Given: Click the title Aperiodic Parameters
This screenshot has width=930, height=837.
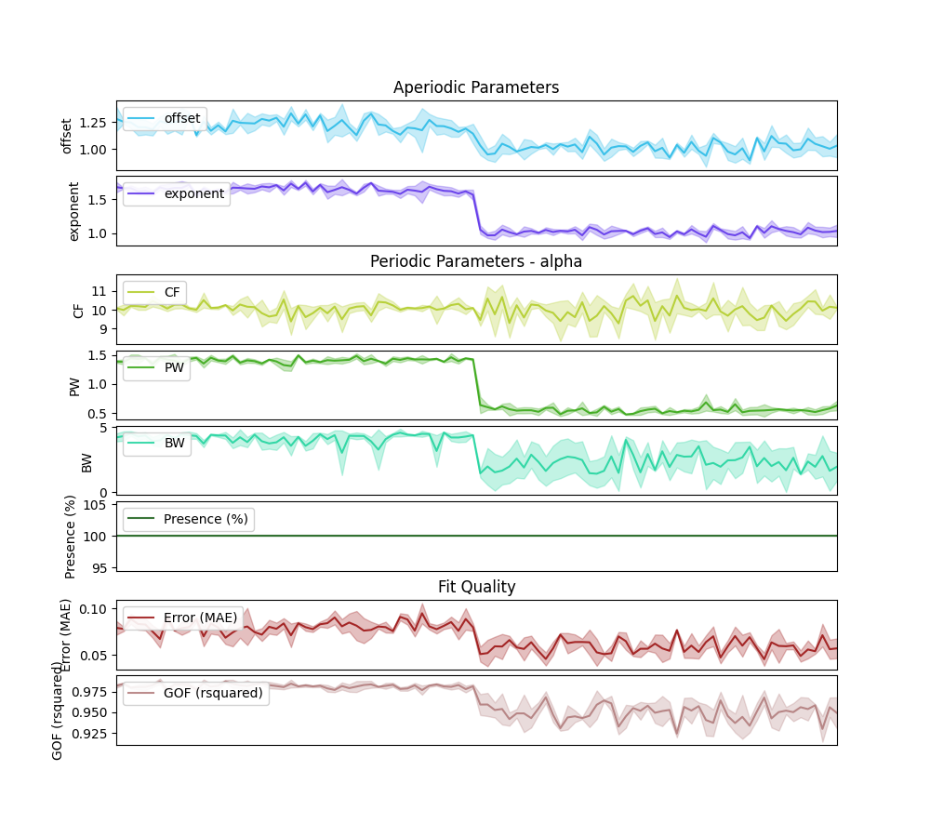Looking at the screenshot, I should [x=476, y=87].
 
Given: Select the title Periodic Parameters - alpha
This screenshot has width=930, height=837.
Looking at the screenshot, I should [x=476, y=261].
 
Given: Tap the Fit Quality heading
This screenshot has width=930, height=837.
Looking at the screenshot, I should [x=476, y=587].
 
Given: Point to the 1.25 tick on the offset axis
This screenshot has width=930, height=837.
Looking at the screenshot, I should [x=94, y=123].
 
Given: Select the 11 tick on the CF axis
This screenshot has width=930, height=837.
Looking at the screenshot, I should [x=101, y=291].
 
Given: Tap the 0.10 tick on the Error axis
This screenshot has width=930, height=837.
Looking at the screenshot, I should [x=94, y=608].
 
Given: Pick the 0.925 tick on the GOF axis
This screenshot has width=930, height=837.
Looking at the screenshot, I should [x=90, y=734].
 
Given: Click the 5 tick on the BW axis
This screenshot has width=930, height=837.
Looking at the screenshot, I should [x=105, y=428].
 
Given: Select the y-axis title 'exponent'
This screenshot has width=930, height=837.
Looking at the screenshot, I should [x=74, y=211].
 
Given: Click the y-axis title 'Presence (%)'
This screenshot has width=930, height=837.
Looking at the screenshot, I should [x=71, y=537].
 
